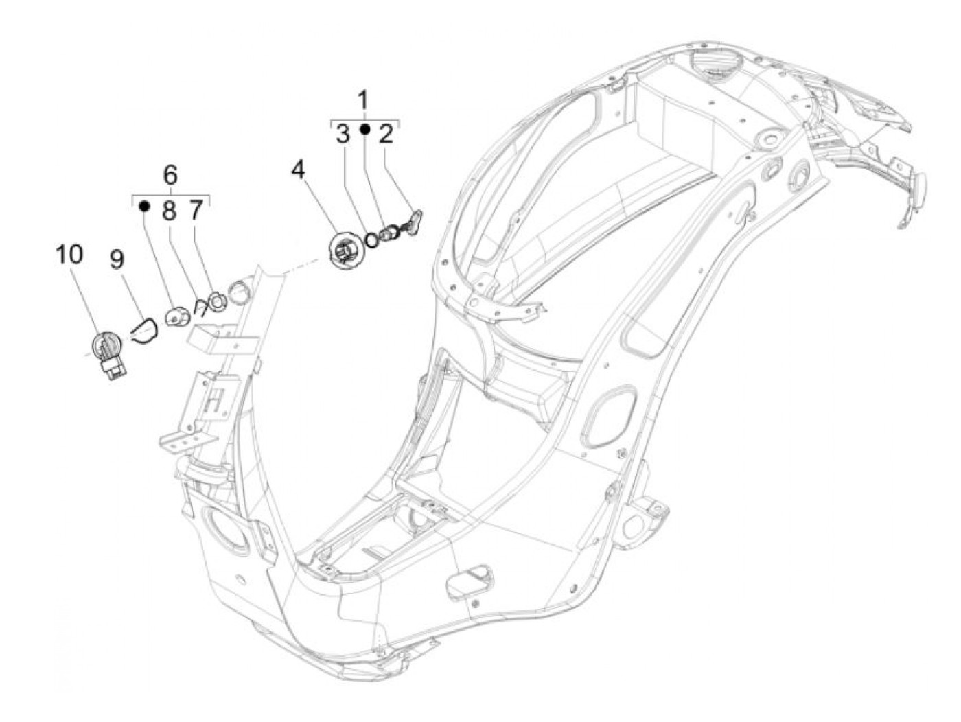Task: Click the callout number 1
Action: tap(364, 100)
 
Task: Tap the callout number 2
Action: tap(386, 134)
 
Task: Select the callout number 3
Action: tap(343, 134)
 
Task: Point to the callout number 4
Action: tap(297, 169)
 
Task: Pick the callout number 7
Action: tap(196, 210)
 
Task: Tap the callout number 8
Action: tap(170, 210)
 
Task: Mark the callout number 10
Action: tap(69, 254)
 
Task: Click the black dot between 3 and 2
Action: tap(364, 128)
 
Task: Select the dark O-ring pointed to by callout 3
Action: tap(372, 240)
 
